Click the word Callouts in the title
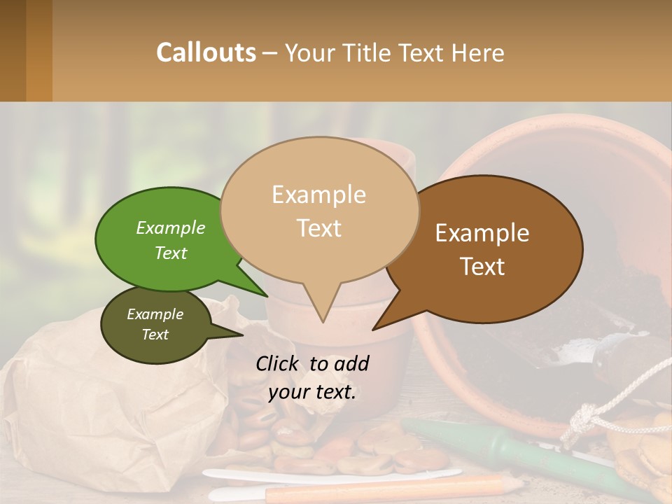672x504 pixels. coord(206,52)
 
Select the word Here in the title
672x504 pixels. coord(477,53)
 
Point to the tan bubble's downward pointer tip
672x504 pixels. coord(322,322)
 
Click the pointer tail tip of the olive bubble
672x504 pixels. coord(243,334)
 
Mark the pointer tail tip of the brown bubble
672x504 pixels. coord(373,329)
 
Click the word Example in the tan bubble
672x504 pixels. coord(318,195)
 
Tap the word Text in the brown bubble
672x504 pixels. coord(482,267)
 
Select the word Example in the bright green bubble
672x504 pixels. coord(171,227)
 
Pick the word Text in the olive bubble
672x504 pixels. coord(155,335)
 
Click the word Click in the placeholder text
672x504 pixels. coord(279,363)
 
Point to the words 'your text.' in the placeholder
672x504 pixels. coord(312,392)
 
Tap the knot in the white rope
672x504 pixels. coord(580,421)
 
